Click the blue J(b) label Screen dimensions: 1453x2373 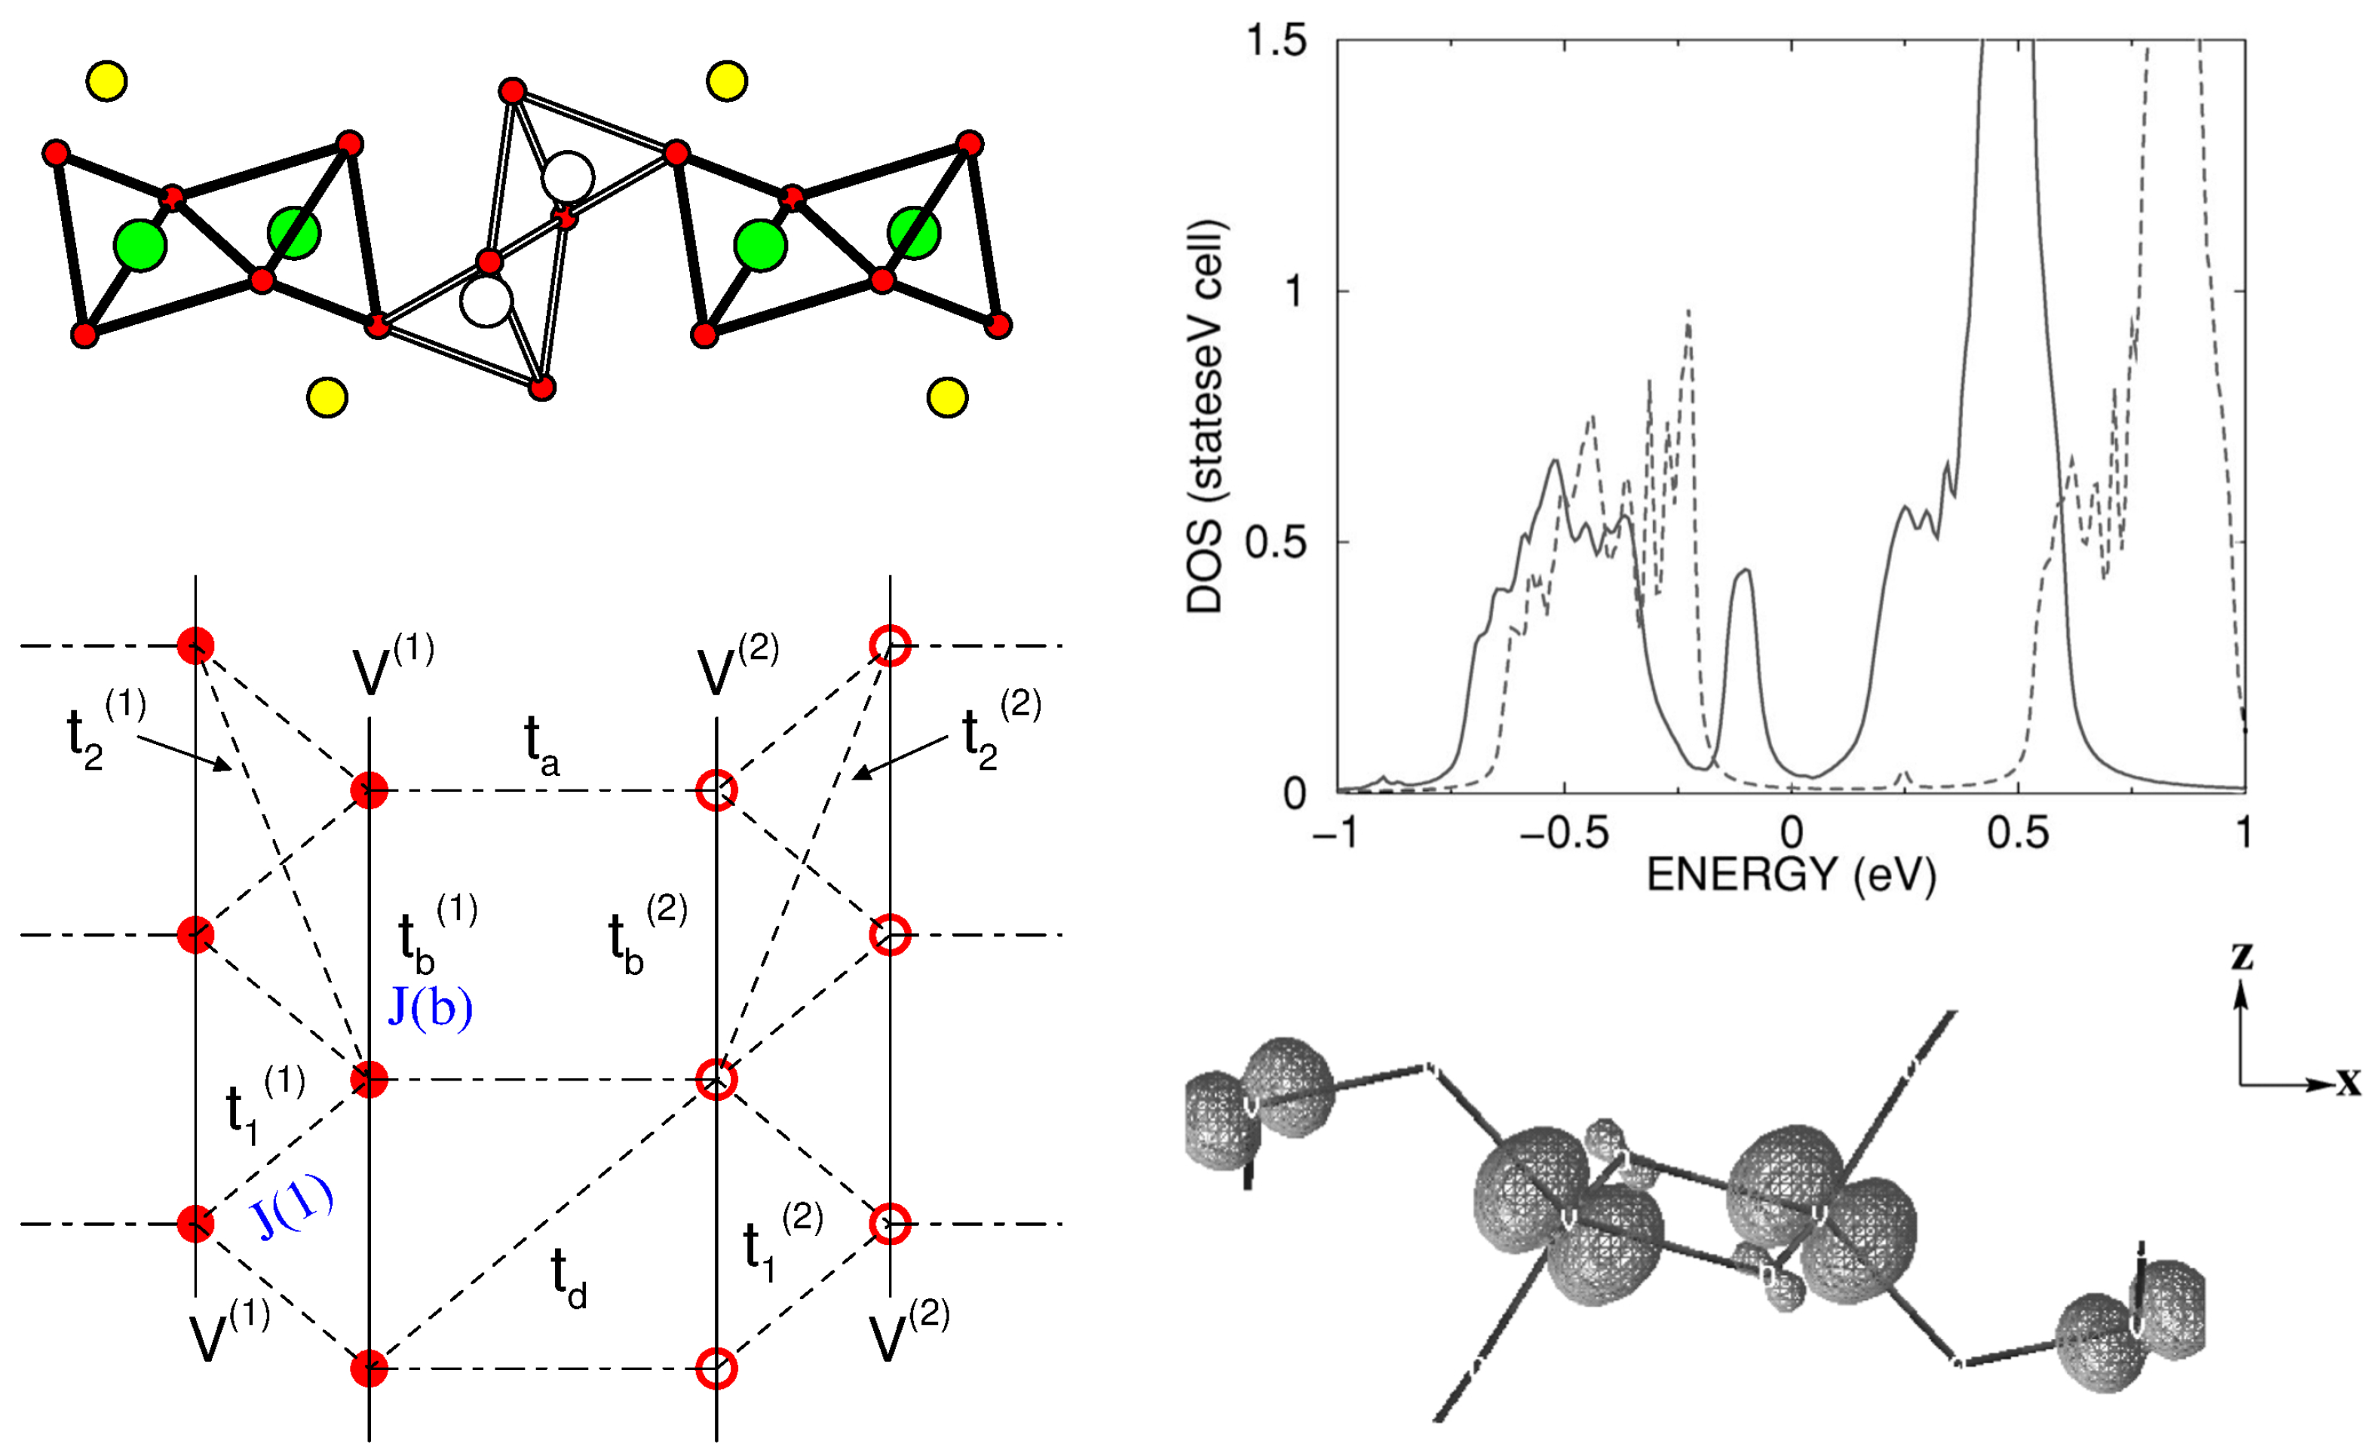pyautogui.click(x=430, y=1008)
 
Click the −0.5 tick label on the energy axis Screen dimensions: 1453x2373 pyautogui.click(x=1563, y=832)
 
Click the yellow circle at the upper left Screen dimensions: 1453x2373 pyautogui.click(x=106, y=81)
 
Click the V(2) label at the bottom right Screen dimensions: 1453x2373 pyautogui.click(x=907, y=1335)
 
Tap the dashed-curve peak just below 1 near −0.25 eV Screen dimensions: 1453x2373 pyautogui.click(x=1688, y=314)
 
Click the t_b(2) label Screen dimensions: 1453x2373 pyautogui.click(x=646, y=934)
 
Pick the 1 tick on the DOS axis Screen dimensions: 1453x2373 pyautogui.click(x=1293, y=291)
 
